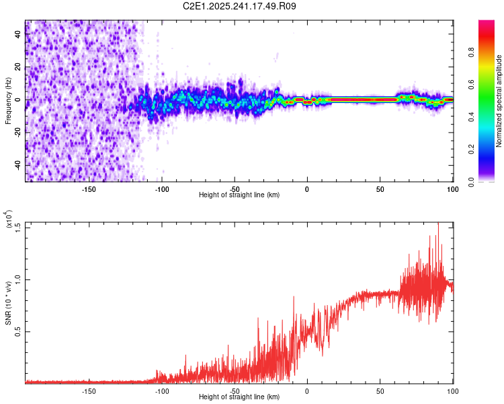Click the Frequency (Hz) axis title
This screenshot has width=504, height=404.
coord(8,101)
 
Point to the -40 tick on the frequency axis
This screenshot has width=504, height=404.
coord(17,165)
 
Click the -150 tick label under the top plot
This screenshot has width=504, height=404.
coord(88,189)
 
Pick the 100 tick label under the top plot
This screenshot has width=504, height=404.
coord(452,189)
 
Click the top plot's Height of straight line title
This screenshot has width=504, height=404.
coord(239,195)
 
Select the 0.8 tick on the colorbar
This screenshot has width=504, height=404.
coord(491,52)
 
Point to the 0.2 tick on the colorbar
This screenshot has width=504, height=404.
coord(491,149)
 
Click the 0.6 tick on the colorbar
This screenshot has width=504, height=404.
coord(491,84)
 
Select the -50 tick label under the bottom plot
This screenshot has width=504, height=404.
coord(234,391)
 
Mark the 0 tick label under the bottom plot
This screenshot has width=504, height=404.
coord(307,391)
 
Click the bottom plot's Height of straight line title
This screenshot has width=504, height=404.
coord(239,397)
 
